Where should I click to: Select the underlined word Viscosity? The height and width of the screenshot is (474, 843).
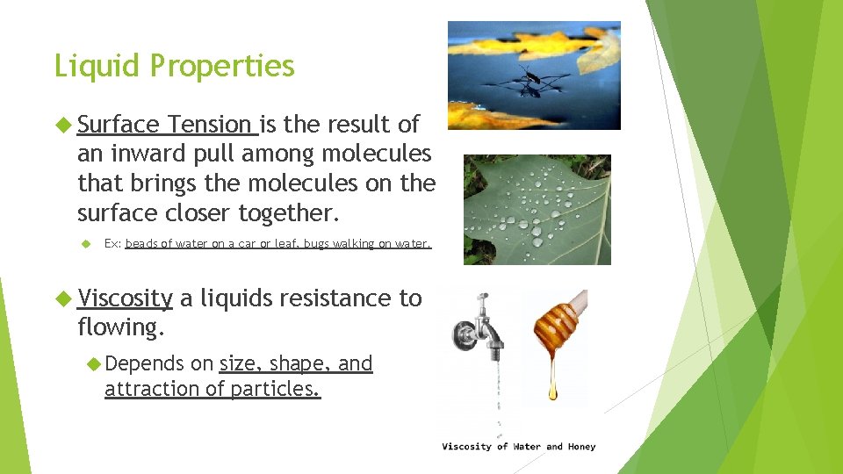(125, 298)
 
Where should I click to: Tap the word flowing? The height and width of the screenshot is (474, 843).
(120, 327)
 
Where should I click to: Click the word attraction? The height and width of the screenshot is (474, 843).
(148, 389)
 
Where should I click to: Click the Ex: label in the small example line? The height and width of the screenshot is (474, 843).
(112, 244)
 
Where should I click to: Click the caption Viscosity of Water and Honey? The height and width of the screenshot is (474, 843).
(518, 447)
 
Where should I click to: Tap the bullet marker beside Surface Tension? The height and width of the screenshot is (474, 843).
(61, 125)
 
